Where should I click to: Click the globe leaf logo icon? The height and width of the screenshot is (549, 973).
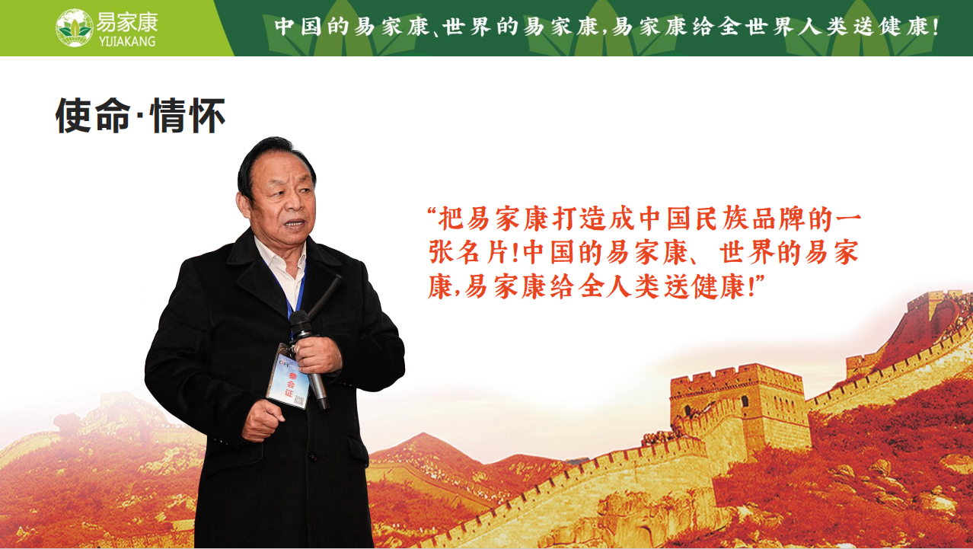pos(75,28)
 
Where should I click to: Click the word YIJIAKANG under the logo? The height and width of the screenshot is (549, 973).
pos(127,41)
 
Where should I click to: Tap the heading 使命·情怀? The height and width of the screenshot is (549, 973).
pos(140,115)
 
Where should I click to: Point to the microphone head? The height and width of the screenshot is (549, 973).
pos(300,324)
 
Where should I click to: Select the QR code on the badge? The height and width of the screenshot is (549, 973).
pos(299,400)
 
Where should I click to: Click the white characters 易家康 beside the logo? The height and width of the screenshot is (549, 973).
pos(127,22)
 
